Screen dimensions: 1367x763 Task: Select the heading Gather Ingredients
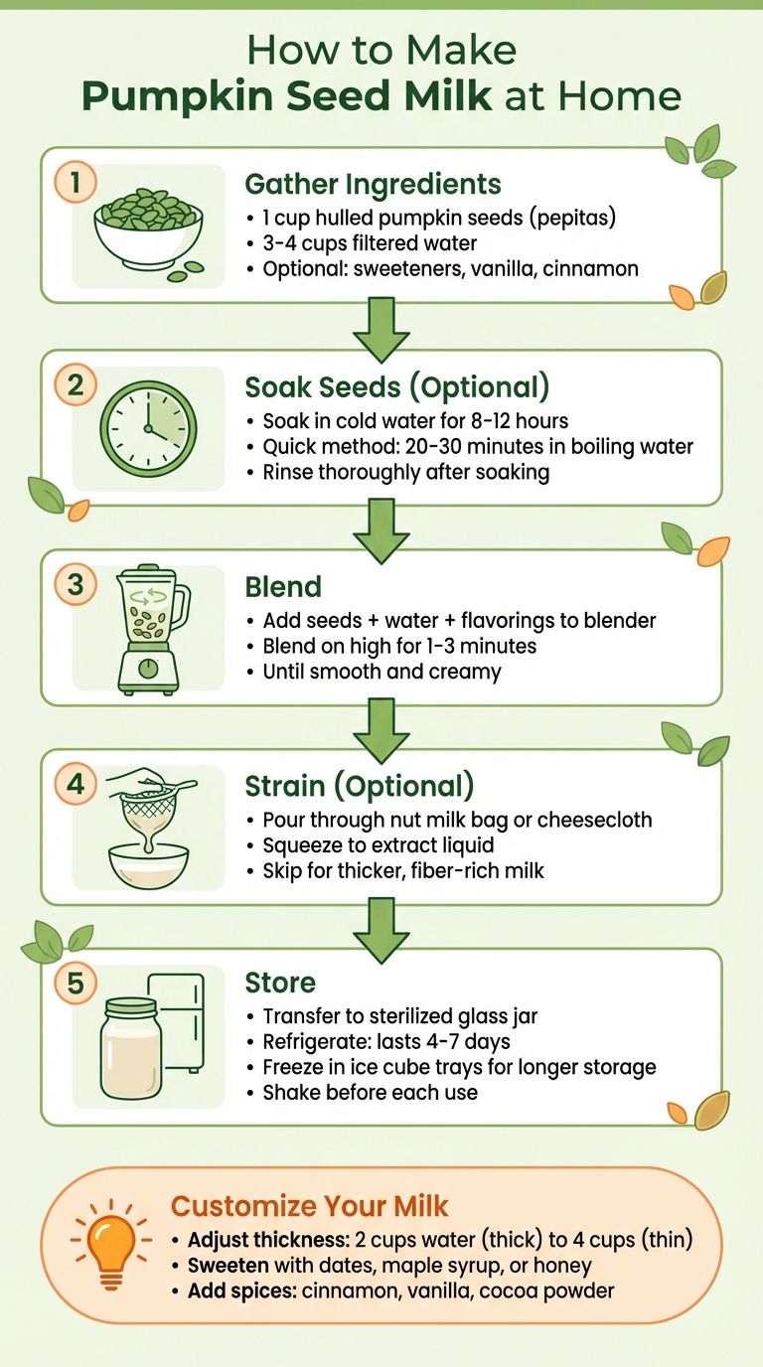coord(373,184)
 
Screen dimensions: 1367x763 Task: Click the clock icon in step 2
coord(148,428)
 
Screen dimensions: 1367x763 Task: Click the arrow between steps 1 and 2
coord(381,327)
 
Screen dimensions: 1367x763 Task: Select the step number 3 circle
coord(76,584)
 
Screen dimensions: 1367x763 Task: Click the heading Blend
coord(282,586)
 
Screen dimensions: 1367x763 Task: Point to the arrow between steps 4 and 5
coord(381,928)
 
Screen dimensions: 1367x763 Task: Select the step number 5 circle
coord(76,983)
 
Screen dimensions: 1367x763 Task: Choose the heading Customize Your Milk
coord(310,1206)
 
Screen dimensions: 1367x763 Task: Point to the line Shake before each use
coord(370,1093)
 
